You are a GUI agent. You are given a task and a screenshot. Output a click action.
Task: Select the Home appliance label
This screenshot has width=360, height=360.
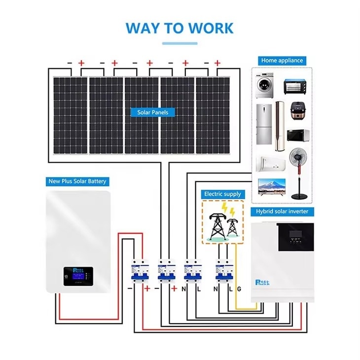(282, 60)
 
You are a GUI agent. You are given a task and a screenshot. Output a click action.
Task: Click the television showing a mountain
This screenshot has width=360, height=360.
(272, 185)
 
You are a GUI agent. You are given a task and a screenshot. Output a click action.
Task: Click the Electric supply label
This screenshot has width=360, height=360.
(222, 194)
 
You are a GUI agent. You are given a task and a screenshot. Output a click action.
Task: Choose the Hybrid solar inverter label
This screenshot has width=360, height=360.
(282, 212)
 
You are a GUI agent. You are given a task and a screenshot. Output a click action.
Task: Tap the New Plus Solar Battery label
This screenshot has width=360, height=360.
(77, 181)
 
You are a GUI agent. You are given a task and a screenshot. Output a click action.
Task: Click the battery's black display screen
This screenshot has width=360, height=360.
(75, 275)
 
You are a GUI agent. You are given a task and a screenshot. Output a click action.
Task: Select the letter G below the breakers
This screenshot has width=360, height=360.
(239, 289)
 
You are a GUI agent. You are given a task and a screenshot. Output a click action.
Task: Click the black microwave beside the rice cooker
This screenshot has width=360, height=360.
(298, 135)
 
